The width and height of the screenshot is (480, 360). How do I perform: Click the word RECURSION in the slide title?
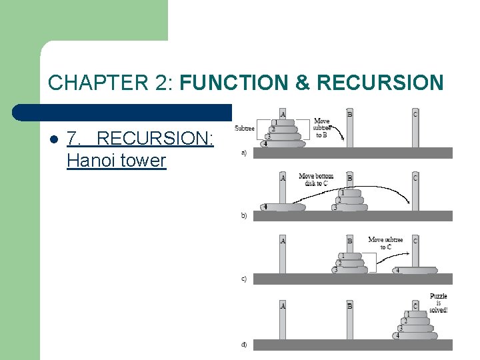pos(380,83)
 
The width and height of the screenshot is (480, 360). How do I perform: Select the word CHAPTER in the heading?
pos(90,83)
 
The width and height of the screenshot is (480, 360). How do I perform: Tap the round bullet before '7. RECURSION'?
pos(53,139)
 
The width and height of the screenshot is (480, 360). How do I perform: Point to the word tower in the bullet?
pos(143,160)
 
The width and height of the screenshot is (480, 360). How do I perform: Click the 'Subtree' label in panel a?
pos(245,128)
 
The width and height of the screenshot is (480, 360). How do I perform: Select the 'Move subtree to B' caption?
pos(321,128)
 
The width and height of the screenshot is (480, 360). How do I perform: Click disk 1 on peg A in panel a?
pos(283,123)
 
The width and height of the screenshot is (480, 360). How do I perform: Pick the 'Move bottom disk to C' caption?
pos(317,179)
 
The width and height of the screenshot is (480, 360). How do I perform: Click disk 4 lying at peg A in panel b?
pos(283,207)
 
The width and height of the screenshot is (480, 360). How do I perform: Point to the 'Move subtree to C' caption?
pos(385,243)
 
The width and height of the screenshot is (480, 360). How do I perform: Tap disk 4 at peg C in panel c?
pos(414,271)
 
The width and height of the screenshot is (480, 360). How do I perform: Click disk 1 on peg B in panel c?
pos(349,256)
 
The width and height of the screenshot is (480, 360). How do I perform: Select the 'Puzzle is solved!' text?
pos(438,303)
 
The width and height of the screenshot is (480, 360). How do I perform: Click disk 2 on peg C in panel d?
pos(415,321)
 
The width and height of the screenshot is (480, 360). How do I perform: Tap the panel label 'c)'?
pos(244,279)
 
